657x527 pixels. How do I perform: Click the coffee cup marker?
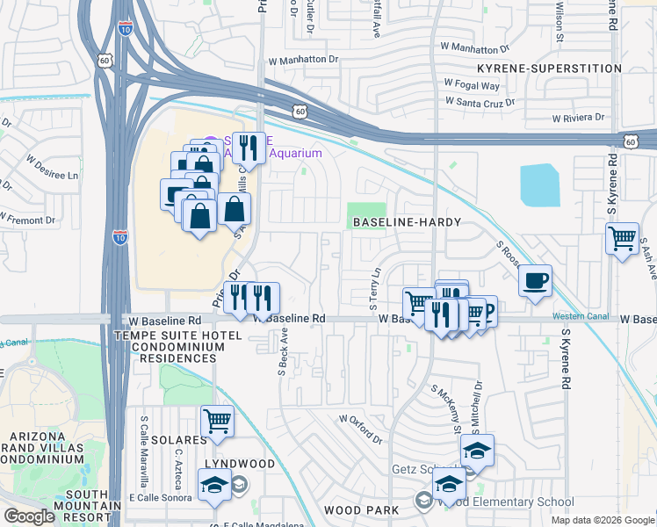click(x=535, y=282)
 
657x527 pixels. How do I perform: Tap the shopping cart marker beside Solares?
click(x=217, y=420)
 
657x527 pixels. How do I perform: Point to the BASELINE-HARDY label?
click(x=407, y=222)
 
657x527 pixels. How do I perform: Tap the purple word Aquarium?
click(x=295, y=153)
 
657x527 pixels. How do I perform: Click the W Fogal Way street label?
click(x=472, y=85)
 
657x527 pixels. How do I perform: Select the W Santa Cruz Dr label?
click(x=480, y=102)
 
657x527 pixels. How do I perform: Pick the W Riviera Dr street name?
click(x=579, y=117)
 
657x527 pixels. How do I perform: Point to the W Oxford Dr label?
click(x=361, y=429)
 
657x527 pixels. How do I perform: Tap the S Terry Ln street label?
click(x=375, y=289)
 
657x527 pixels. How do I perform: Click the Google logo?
click(x=30, y=516)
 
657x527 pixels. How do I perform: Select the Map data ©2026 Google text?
click(x=603, y=520)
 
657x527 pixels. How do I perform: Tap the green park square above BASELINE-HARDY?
click(x=366, y=211)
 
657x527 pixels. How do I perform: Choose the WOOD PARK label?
click(x=361, y=509)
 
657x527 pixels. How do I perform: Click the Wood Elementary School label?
click(x=506, y=502)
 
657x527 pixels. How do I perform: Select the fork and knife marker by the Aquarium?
click(x=250, y=148)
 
